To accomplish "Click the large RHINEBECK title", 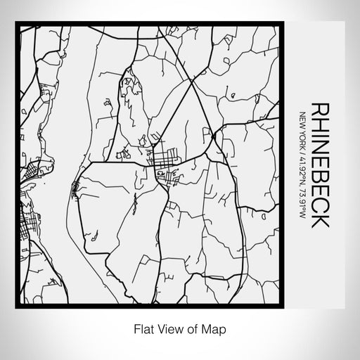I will pyautogui.click(x=320, y=165).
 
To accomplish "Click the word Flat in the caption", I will pyautogui.click(x=141, y=328).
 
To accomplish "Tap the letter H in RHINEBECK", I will pyautogui.click(x=320, y=124).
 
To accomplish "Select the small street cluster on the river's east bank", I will pyautogui.click(x=75, y=188).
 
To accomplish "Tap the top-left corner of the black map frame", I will pyautogui.click(x=17, y=24).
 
